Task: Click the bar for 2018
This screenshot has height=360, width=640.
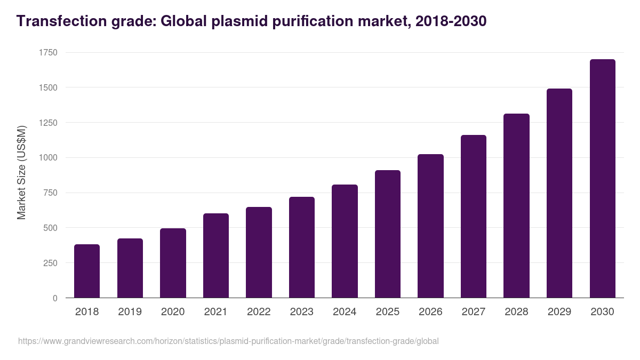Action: pyautogui.click(x=87, y=271)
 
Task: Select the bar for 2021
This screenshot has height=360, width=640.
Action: pyautogui.click(x=216, y=255)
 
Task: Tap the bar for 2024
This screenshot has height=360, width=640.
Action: pyautogui.click(x=345, y=241)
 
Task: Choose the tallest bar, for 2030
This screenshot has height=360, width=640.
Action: pyautogui.click(x=602, y=178)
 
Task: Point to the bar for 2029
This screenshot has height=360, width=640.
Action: pyautogui.click(x=559, y=193)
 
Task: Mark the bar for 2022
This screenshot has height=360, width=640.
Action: pyautogui.click(x=259, y=252)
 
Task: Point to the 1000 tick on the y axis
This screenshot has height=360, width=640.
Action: pyautogui.click(x=48, y=158)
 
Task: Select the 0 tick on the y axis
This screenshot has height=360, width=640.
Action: pyautogui.click(x=55, y=298)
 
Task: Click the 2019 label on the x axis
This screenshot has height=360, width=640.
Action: pyautogui.click(x=130, y=312)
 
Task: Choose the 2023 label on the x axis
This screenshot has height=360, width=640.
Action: pyautogui.click(x=301, y=312)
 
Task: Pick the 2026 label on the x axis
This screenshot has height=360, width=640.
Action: pyautogui.click(x=430, y=312)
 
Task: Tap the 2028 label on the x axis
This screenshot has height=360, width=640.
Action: pyautogui.click(x=516, y=312)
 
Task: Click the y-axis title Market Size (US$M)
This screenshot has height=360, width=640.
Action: pyautogui.click(x=21, y=173)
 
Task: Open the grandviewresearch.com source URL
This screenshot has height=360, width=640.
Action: pyautogui.click(x=228, y=341)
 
